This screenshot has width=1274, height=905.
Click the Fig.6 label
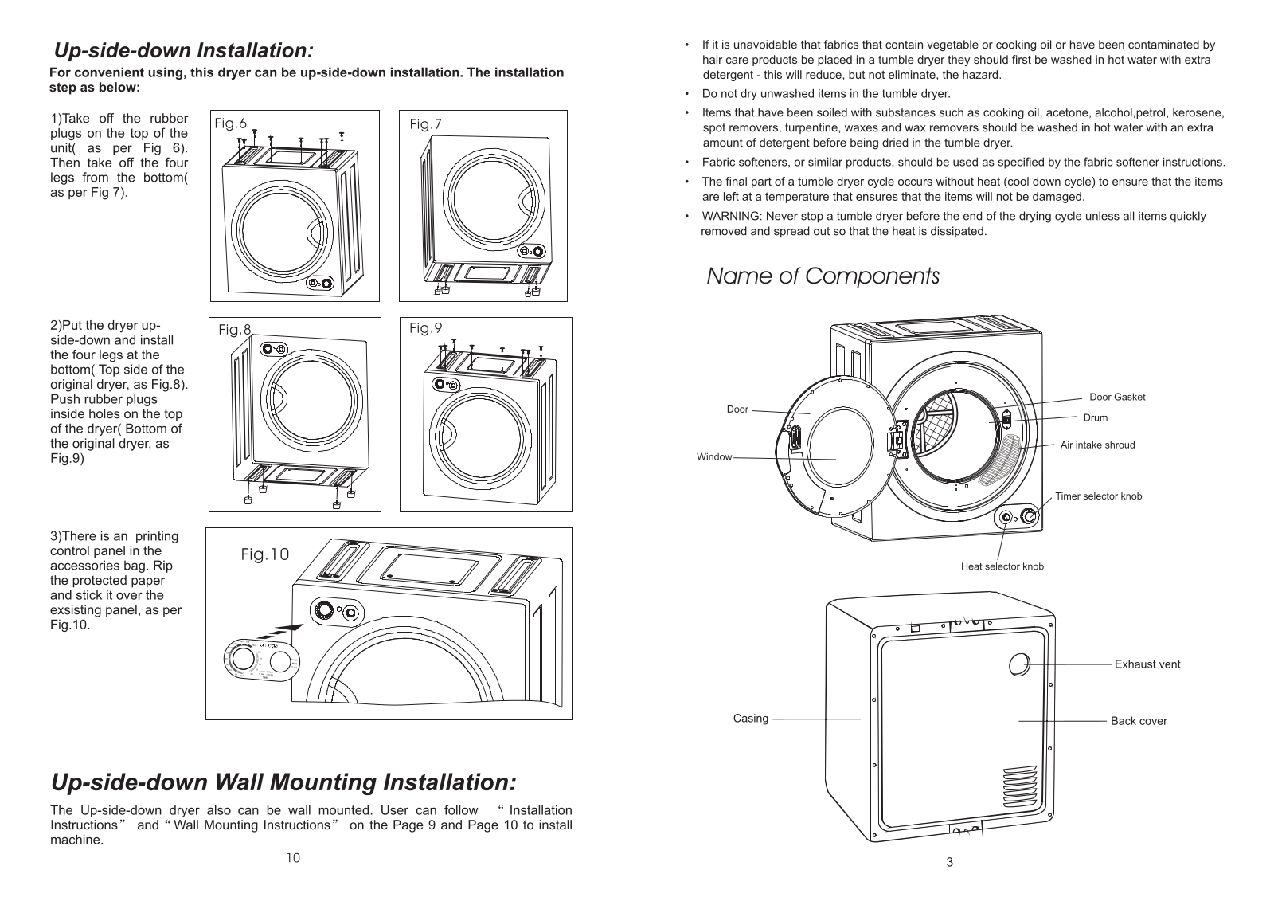coord(230,123)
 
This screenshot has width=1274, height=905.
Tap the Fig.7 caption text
coord(425,124)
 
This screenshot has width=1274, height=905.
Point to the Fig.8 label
coord(235,330)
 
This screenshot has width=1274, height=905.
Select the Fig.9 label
coord(425,328)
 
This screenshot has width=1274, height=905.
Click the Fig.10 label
coord(265,554)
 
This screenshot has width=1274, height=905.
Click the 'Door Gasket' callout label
coord(1117,398)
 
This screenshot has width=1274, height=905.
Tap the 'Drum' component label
coord(1096,417)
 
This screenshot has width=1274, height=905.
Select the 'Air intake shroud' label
coord(1097,445)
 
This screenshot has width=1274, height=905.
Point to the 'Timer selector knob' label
coord(1098,496)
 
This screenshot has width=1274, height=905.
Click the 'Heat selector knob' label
coord(1002,566)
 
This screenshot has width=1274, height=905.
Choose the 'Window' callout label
coord(714,457)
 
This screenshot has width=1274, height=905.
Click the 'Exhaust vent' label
coord(1147,664)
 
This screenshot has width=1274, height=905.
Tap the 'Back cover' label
coord(1139,721)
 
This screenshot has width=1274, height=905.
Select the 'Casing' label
coord(751,719)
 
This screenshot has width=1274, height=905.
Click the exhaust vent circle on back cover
coord(1019,664)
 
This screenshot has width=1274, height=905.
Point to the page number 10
coord(294,858)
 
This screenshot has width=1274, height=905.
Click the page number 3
coord(949,862)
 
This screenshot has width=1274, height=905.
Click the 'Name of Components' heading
coord(823,276)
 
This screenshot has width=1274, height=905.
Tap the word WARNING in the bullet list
coord(731,216)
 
